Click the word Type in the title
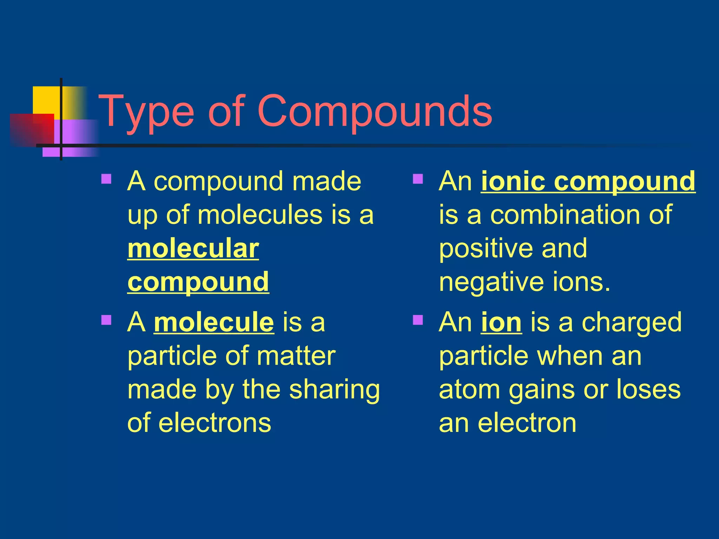tap(146, 112)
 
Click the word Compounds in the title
tap(375, 112)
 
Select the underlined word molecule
tap(214, 322)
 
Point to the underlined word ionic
tap(513, 181)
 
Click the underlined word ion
tap(501, 322)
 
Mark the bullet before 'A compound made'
tap(106, 179)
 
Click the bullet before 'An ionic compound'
tap(418, 179)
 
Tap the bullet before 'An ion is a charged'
tap(418, 320)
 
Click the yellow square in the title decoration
tap(46, 100)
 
